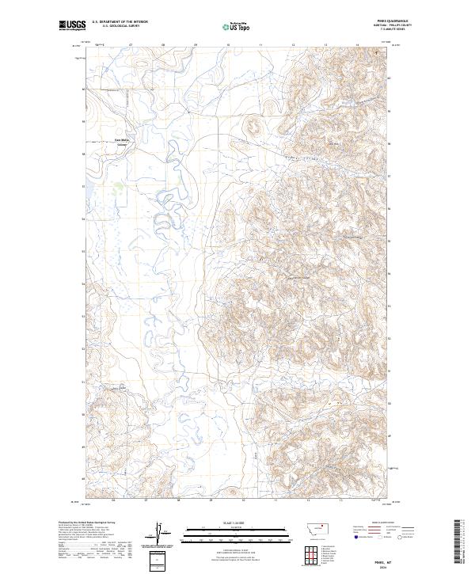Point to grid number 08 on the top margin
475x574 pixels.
point(164,46)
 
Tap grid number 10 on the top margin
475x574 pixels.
point(229,46)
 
